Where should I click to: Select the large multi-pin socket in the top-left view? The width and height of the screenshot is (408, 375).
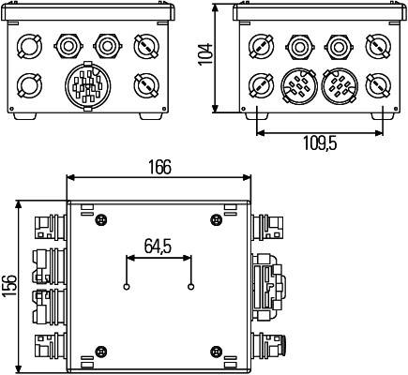click(x=86, y=88)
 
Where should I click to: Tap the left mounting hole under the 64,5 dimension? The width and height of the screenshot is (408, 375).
click(x=127, y=286)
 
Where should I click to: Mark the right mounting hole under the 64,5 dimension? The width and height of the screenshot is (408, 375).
click(x=190, y=286)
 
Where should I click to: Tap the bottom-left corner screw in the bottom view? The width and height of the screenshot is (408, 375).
click(x=99, y=352)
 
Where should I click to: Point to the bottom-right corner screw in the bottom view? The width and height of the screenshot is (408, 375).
click(x=218, y=352)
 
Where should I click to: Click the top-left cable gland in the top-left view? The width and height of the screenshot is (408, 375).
click(x=29, y=44)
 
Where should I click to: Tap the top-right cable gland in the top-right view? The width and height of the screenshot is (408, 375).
click(x=377, y=44)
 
